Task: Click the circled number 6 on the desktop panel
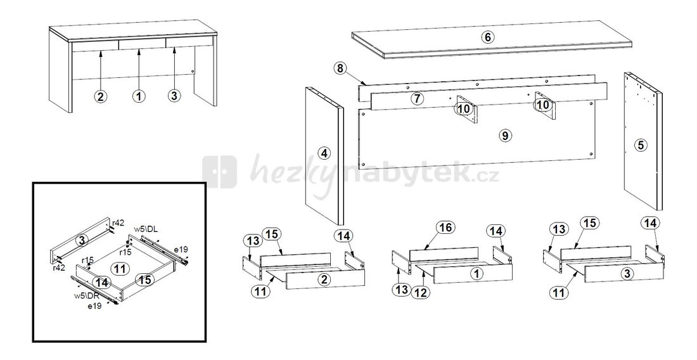click(488, 37)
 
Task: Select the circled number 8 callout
click(340, 68)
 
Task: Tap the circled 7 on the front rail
click(416, 99)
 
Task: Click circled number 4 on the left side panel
click(324, 153)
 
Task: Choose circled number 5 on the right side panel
click(641, 145)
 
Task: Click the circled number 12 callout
click(421, 292)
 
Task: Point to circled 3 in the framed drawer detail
click(81, 241)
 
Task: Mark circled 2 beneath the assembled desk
click(101, 96)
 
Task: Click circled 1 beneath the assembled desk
click(139, 96)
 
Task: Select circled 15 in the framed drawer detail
click(145, 280)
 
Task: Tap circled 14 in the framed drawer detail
click(102, 282)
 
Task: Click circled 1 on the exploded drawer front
click(476, 274)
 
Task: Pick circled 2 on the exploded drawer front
click(324, 280)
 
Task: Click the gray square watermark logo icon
click(220, 172)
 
